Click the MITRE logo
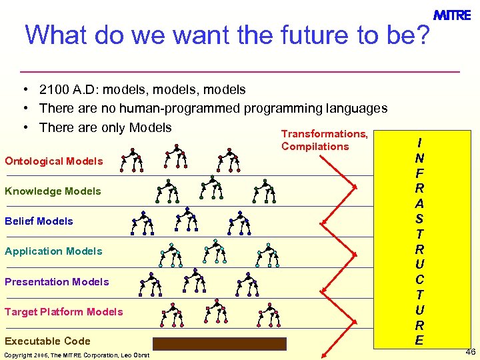[x=452, y=15]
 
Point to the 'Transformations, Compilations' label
[x=324, y=140]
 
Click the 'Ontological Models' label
[x=54, y=161]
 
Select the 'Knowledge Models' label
[x=53, y=191]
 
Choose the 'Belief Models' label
[x=39, y=221]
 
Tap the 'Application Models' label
[x=53, y=251]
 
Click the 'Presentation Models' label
[x=57, y=282]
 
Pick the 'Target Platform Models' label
[x=64, y=312]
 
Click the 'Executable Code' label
[x=47, y=341]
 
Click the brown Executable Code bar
[x=219, y=344]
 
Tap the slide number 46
[x=471, y=351]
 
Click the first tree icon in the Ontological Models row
[x=132, y=160]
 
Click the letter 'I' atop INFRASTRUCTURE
[x=419, y=143]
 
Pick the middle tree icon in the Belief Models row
[x=187, y=220]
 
